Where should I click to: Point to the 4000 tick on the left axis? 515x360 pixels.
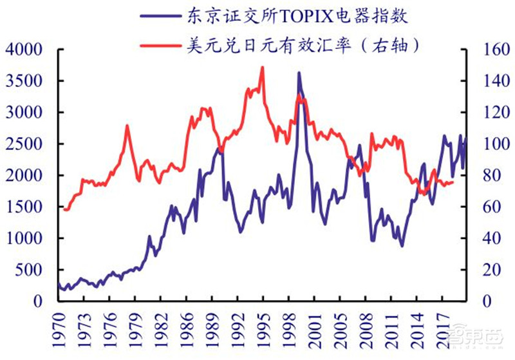[24, 50]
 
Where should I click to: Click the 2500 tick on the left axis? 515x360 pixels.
[24, 144]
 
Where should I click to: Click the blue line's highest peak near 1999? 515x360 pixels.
[299, 73]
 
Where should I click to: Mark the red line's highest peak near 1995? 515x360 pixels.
[262, 67]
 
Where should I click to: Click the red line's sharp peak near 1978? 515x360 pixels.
[127, 126]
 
